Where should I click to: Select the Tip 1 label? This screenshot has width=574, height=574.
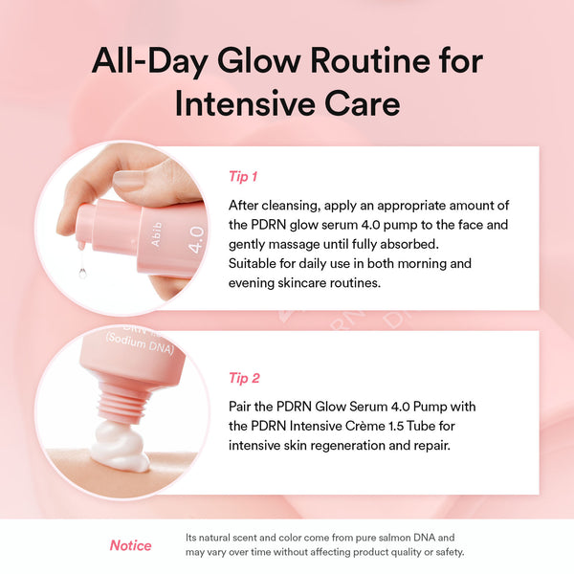click(x=243, y=176)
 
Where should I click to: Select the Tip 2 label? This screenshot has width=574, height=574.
click(x=244, y=377)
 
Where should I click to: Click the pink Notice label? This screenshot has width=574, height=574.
click(x=130, y=545)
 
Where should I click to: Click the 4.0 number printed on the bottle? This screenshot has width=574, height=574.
click(x=194, y=237)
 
